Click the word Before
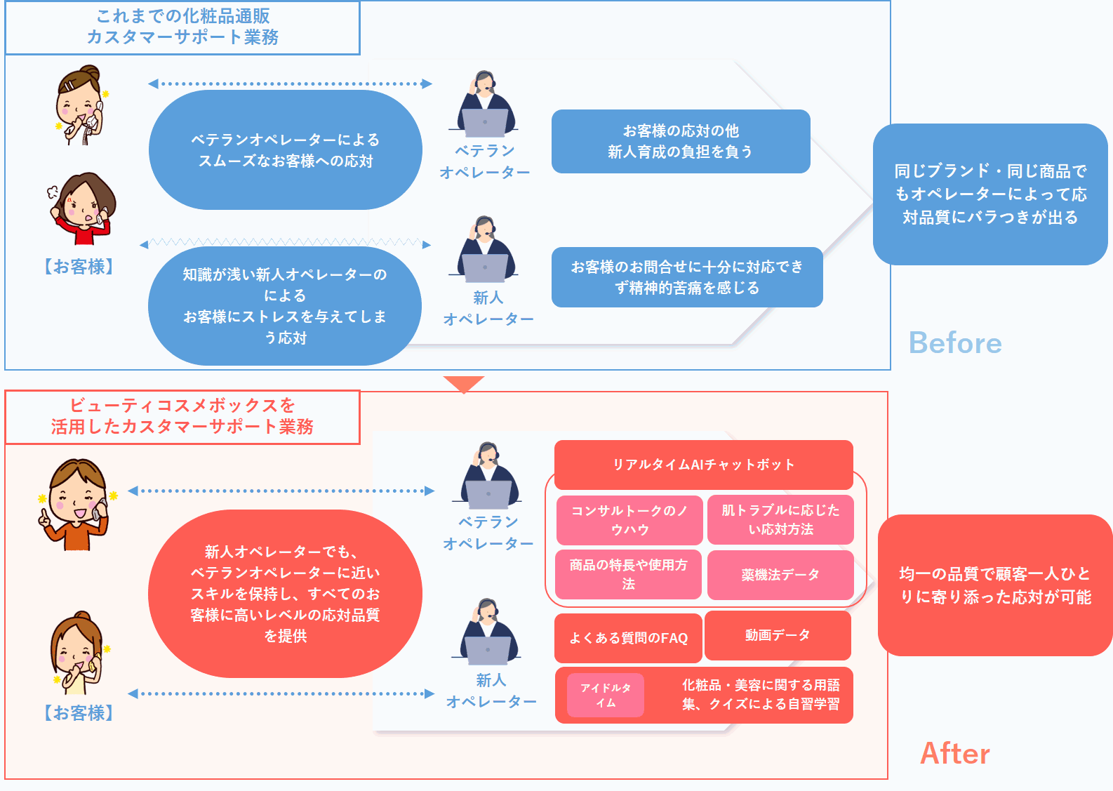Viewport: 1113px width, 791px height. click(x=955, y=343)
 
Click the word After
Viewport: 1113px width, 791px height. click(x=954, y=753)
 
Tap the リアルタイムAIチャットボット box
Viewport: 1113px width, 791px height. click(x=703, y=464)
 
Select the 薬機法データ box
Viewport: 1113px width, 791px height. click(x=780, y=575)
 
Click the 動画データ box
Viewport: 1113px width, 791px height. click(x=778, y=635)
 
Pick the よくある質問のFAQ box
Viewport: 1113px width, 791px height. click(x=628, y=638)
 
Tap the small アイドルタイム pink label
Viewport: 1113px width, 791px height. click(x=606, y=695)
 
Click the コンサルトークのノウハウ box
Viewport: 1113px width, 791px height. click(x=629, y=520)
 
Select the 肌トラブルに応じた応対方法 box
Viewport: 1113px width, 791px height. click(x=780, y=520)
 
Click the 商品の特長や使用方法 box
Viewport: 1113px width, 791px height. click(x=628, y=574)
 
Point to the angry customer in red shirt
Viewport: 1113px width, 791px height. click(x=83, y=208)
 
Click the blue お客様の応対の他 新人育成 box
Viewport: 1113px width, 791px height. click(x=680, y=141)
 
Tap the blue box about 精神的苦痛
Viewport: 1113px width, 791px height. click(x=686, y=277)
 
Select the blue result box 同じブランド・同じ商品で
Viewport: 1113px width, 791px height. click(x=989, y=194)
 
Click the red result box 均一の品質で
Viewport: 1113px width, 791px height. click(x=994, y=585)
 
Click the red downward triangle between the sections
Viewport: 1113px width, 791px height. click(x=463, y=383)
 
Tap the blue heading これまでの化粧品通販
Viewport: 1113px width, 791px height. click(x=182, y=27)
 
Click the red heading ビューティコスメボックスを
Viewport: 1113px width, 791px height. click(x=182, y=416)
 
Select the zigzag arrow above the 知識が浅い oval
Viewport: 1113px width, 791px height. click(x=285, y=243)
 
